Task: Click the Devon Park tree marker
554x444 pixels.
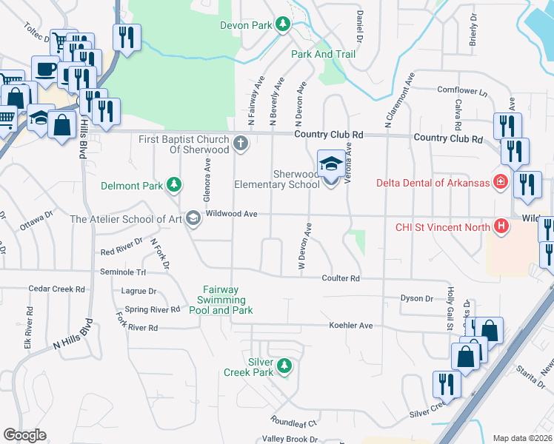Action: tap(282, 24)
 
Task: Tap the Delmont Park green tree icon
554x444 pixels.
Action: tap(174, 184)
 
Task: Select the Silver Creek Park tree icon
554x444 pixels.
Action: tap(282, 366)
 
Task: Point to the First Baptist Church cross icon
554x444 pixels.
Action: tap(240, 144)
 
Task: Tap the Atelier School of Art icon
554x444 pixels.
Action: tap(193, 218)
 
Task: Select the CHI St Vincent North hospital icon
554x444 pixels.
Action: tap(501, 226)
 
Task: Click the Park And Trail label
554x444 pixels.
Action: tap(323, 54)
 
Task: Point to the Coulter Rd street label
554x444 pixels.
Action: tap(340, 278)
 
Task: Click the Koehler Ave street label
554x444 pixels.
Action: tap(351, 325)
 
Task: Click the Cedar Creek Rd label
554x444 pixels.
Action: tap(57, 289)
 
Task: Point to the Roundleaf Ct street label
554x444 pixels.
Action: tap(294, 423)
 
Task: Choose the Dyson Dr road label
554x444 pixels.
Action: tap(416, 298)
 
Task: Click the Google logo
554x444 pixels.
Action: tap(24, 435)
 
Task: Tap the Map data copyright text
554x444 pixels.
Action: tap(522, 438)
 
